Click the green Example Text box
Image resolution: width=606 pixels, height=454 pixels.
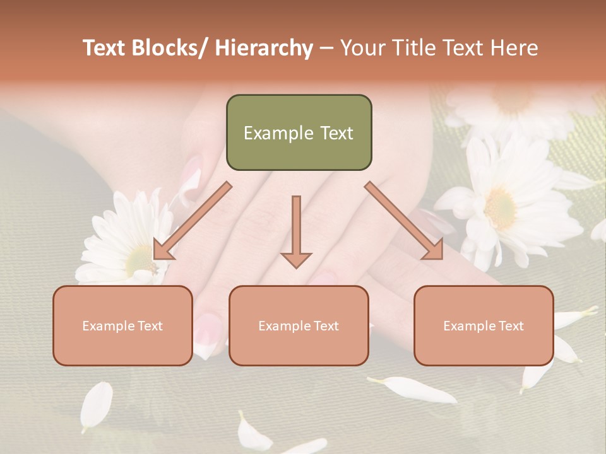tap(299, 132)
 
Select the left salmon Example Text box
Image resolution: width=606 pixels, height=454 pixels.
tap(122, 325)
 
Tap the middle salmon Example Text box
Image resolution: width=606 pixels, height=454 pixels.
tap(299, 325)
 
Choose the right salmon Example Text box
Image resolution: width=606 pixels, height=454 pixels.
tap(484, 325)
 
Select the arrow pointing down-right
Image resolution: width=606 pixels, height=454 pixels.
tap(405, 220)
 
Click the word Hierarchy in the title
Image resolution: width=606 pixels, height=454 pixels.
tap(264, 48)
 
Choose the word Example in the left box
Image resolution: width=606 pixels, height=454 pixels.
tap(107, 325)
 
